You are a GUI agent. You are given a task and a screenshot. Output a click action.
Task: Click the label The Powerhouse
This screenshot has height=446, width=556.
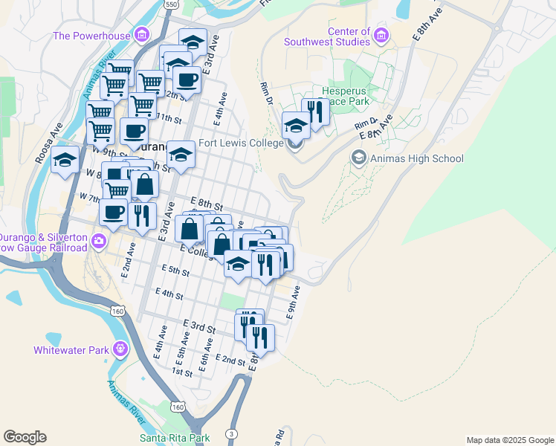coord(91,35)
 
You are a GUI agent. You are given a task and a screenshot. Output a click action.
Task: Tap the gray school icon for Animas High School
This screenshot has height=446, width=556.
coord(359,158)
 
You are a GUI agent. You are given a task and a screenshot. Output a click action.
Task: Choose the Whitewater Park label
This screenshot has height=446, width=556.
coord(71,349)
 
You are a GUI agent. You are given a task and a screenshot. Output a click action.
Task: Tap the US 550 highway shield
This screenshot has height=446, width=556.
coord(172,4)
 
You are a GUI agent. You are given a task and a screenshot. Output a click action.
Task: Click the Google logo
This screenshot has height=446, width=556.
coord(25,437)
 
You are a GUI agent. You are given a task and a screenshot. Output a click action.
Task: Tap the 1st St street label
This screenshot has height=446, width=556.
coord(182,371)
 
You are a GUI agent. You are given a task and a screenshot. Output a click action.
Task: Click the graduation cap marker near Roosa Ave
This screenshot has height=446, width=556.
coord(65,161)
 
